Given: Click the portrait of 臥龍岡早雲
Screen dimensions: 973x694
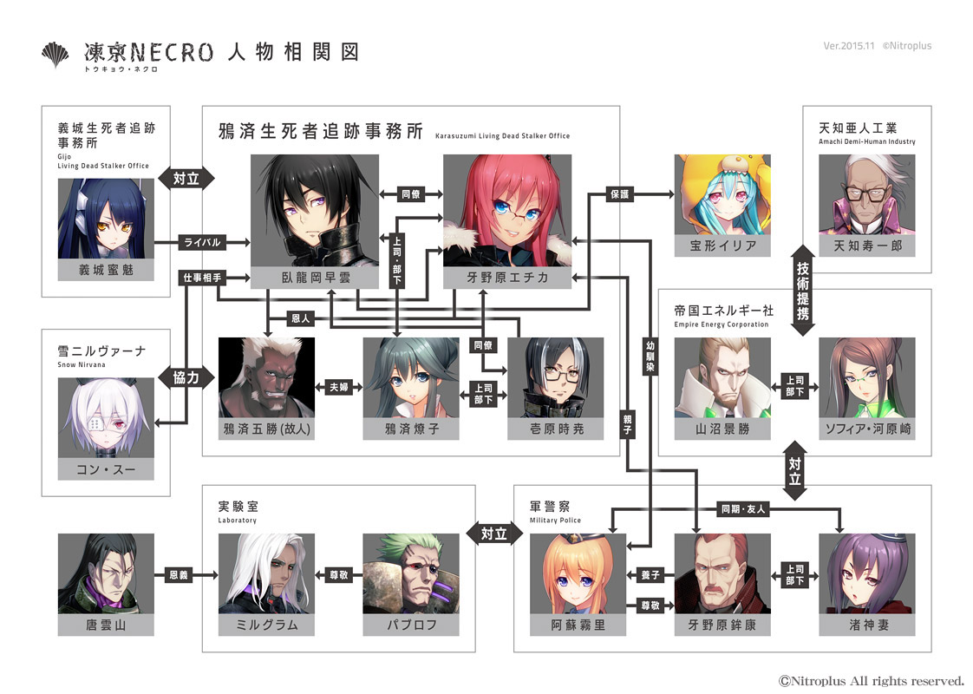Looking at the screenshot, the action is pos(315,211).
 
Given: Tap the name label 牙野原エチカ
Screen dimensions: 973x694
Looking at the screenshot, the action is pos(507,278).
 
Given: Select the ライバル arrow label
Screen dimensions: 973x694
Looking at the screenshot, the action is pos(202,242).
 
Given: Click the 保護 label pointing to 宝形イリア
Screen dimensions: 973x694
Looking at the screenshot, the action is pos(619,194).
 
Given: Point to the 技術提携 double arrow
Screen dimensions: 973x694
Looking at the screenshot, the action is pos(802,291).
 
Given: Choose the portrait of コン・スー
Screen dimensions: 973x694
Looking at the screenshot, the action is pos(106,418).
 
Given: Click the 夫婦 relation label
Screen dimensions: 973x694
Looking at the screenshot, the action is pos(339,388).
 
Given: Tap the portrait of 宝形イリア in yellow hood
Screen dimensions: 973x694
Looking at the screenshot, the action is pos(723,194).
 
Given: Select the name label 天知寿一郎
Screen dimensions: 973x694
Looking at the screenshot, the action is pos(867,246).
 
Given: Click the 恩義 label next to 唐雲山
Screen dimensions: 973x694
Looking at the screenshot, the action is pos(179,575).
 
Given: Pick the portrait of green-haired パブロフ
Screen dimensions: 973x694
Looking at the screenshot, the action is pos(411,573).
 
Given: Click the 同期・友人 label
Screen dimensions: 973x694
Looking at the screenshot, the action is pos(743,509).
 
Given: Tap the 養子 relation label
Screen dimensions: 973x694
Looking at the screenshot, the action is pos(650,575).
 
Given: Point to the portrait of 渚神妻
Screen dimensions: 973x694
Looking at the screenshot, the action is pos(867,573).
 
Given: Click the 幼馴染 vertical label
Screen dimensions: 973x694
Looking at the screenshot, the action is pos(650,357).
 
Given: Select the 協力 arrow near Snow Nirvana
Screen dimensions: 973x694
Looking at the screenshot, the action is pos(186,377).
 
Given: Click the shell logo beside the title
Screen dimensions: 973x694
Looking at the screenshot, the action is pos(56,55).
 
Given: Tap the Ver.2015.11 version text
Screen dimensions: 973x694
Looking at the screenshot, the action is pos(848,45).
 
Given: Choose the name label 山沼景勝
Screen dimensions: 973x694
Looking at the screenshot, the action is pos(723,429).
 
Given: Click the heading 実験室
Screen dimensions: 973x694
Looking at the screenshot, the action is pos(238,507).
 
